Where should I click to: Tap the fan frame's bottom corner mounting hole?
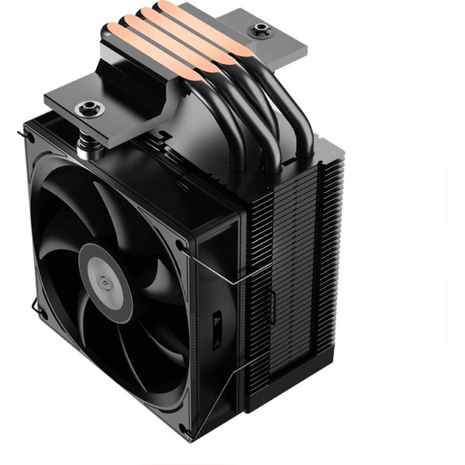tap(184, 428)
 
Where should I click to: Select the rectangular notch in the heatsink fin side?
tap(270, 307)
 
